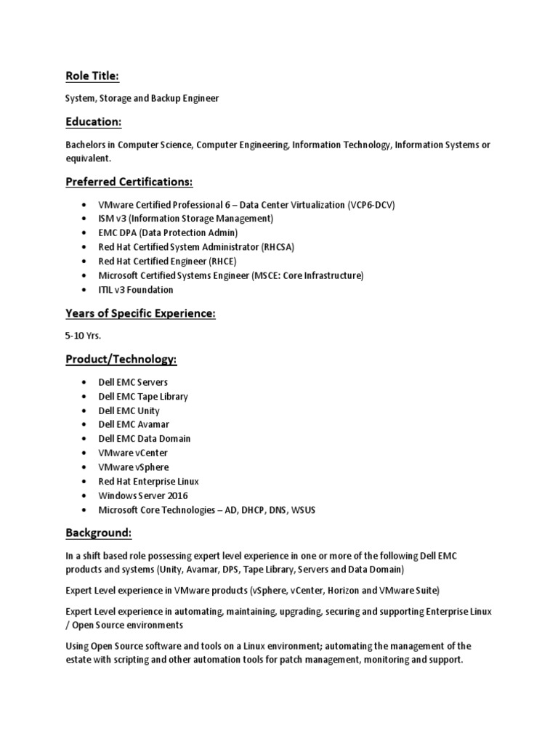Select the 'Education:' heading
tap(93, 121)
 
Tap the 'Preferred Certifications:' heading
tap(129, 181)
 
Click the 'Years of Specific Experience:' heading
tap(140, 313)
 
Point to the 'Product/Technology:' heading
tap(121, 359)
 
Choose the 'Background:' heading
tap(98, 533)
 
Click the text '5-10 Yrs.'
tap(83, 336)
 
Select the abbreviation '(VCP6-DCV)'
tap(372, 204)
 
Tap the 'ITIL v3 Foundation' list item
tap(136, 290)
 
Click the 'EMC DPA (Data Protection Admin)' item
tap(168, 232)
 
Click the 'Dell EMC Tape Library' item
tap(143, 397)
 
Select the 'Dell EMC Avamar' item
tap(134, 424)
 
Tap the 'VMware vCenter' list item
tap(133, 453)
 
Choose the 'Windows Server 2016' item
tap(143, 496)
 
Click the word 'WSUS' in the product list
tap(302, 510)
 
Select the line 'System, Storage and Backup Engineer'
tap(142, 98)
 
